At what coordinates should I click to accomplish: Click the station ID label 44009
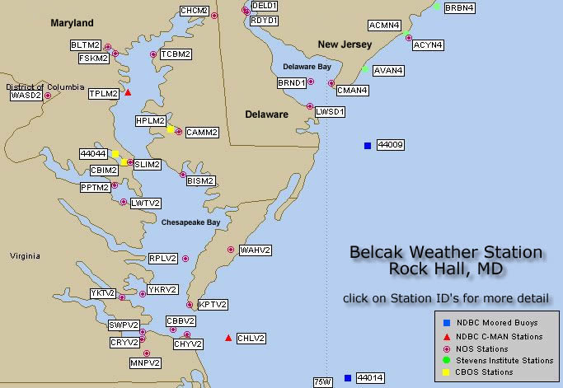tap(390, 146)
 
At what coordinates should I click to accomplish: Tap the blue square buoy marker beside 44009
tap(367, 146)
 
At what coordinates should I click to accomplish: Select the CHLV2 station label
tap(251, 338)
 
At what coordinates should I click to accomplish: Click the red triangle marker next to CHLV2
tap(228, 338)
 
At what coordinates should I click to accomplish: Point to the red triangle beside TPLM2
tap(128, 92)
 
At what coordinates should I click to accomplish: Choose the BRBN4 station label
tap(459, 8)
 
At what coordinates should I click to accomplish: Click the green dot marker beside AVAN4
tap(364, 69)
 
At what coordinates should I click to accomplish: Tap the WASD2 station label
tap(26, 96)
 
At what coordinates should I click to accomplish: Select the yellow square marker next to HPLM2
tap(170, 129)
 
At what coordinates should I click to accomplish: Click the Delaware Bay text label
tap(307, 66)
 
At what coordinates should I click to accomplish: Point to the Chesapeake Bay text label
tap(190, 222)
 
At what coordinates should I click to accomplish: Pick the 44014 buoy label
tap(370, 378)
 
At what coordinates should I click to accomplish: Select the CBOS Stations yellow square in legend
tap(446, 372)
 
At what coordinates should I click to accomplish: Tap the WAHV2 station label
tap(256, 250)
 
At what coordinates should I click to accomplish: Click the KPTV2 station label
tap(212, 305)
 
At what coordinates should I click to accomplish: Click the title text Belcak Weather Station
tap(446, 252)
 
